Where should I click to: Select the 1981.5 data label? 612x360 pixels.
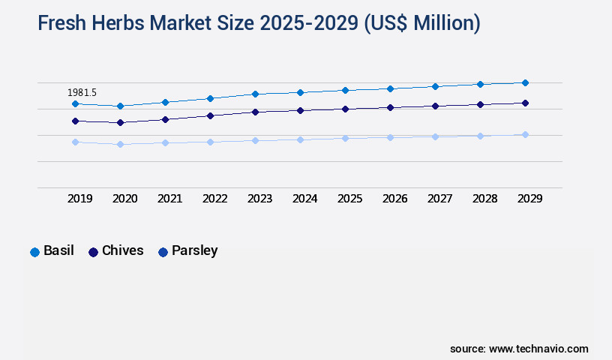coord(82,92)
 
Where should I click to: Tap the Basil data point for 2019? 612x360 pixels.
coord(75,103)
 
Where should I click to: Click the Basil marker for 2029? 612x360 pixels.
coord(525,82)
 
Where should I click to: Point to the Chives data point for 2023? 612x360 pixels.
coord(255,112)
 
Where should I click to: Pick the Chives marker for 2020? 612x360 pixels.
coord(120,122)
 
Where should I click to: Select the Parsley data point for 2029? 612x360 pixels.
coord(525,134)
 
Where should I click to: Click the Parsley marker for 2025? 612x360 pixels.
coord(345,138)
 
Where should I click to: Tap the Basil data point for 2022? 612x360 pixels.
coord(210,98)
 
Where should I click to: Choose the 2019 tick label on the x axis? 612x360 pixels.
coord(80,199)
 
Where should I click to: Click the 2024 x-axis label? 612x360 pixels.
coord(305,199)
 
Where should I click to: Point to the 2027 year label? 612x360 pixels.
coord(440,199)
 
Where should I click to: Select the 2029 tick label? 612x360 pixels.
coord(530,199)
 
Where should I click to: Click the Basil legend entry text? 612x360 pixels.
coord(58,250)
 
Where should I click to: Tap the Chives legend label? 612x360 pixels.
coord(122,250)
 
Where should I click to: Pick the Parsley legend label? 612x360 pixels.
coord(194,250)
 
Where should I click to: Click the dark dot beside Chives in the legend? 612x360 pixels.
coord(94,252)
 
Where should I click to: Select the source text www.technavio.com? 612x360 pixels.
coord(538,349)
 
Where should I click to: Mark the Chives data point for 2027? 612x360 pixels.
coord(435,106)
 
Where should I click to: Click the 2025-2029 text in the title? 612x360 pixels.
coord(310,24)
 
